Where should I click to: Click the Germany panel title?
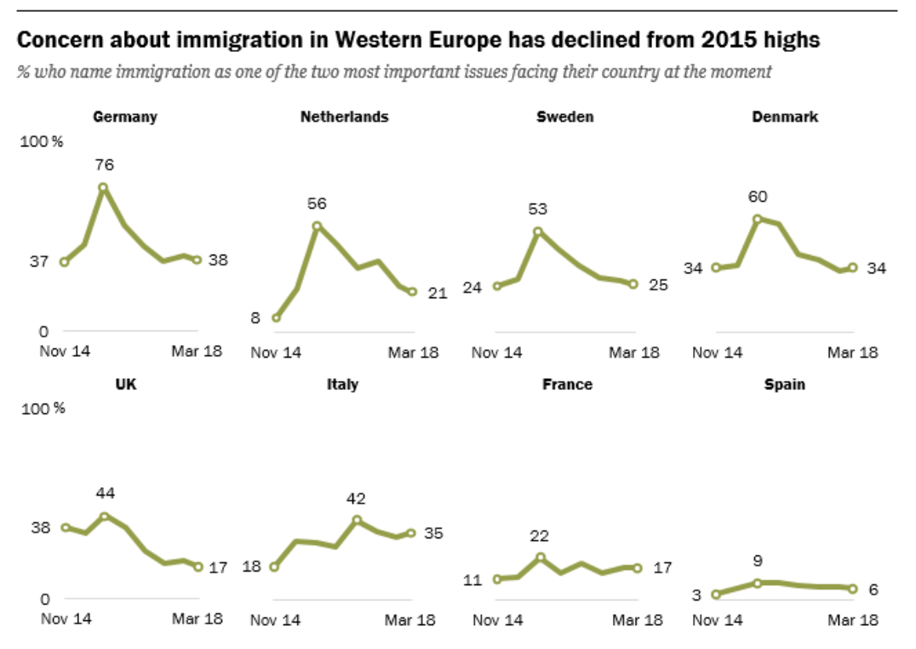(124, 118)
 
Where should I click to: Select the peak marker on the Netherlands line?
(317, 226)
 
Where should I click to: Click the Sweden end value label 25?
(658, 284)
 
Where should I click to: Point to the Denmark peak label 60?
(757, 197)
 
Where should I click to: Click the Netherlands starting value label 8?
(255, 318)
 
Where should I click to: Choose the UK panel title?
(126, 385)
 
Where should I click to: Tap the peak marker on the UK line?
(105, 516)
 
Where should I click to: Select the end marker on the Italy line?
(410, 533)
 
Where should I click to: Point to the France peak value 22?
(539, 537)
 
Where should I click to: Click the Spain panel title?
(784, 385)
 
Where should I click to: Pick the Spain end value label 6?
(873, 589)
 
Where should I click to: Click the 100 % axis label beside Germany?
(42, 141)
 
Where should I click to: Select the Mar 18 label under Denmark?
(853, 353)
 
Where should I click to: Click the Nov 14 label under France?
(496, 620)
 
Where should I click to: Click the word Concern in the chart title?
(59, 40)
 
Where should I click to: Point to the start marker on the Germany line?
(64, 261)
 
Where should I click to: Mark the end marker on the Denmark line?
(852, 267)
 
